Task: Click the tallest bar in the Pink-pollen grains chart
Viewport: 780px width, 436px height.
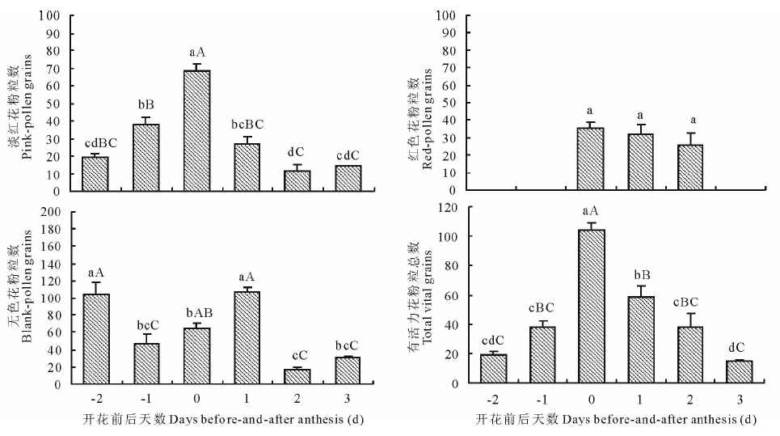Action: (x=197, y=130)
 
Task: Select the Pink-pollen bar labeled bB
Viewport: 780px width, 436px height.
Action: (x=146, y=157)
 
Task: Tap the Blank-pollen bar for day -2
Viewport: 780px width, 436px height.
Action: (x=95, y=339)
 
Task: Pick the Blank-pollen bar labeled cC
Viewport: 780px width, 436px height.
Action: (x=298, y=376)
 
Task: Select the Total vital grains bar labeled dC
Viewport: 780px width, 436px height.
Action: (x=740, y=371)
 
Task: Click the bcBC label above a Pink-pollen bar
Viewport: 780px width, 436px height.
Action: (x=247, y=125)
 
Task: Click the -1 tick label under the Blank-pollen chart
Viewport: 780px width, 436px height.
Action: (x=145, y=399)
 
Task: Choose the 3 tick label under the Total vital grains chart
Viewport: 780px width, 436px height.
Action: (x=740, y=399)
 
